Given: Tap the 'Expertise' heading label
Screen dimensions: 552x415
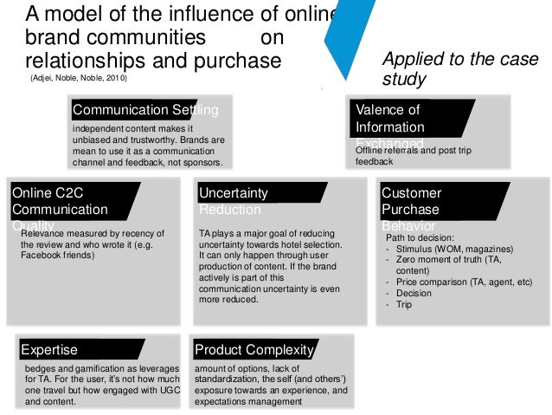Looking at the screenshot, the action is pyautogui.click(x=49, y=350).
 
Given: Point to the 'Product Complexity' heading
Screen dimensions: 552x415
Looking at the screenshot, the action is pyautogui.click(x=254, y=350).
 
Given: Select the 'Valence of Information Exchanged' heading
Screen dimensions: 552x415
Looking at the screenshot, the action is pyautogui.click(x=389, y=125).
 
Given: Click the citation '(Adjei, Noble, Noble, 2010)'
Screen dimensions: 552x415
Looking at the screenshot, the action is pyautogui.click(x=78, y=80).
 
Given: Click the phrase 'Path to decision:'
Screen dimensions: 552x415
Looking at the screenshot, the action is pyautogui.click(x=421, y=237).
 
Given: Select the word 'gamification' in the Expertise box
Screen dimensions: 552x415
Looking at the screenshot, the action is pyautogui.click(x=93, y=369).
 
